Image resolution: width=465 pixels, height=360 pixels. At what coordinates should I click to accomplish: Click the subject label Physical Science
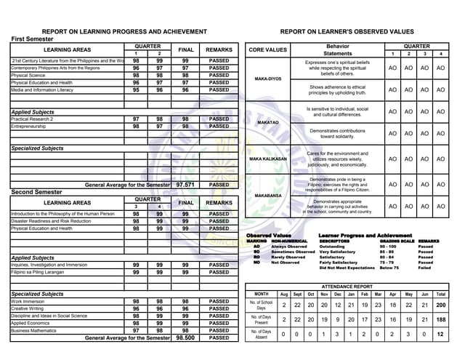pos(28,75)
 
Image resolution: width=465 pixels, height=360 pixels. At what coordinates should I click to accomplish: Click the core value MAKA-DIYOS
pos(268,79)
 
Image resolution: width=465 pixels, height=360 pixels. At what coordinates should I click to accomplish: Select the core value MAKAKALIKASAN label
pos(268,159)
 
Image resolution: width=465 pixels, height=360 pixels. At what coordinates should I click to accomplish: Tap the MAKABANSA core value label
pos(268,196)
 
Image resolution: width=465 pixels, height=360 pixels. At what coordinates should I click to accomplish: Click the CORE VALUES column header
pos(268,50)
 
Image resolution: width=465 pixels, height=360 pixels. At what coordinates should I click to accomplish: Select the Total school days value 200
pos(441,305)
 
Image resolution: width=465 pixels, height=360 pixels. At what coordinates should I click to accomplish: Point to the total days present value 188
pos(441,319)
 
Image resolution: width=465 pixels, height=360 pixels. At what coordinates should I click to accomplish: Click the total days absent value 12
pos(441,335)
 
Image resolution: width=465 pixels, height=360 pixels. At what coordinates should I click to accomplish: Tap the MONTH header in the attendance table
pos(262,295)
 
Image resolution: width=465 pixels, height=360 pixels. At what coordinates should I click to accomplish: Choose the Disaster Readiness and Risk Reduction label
pos(51,221)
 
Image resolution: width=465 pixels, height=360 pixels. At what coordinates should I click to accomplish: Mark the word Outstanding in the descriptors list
pos(332,247)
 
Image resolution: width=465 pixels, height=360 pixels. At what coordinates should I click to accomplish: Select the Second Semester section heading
pos(38,192)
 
